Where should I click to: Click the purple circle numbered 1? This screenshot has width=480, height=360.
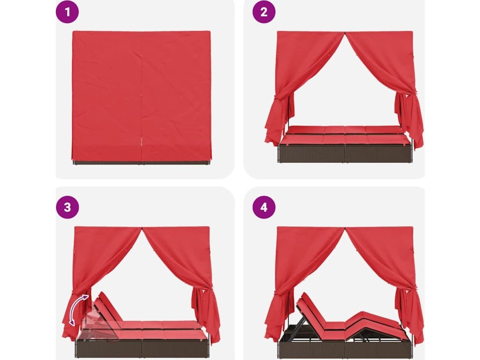coord(67,12)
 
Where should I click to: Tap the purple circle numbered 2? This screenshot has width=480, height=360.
coord(264,12)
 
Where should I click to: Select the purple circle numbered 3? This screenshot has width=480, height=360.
coord(67,207)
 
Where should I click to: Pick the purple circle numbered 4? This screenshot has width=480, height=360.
coord(264,207)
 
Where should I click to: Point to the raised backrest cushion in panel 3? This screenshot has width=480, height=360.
coord(107,307)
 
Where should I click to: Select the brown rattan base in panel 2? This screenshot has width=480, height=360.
coord(345,154)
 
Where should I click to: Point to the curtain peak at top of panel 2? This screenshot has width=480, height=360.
coord(345,32)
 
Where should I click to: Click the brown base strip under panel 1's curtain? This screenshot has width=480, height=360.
coord(142,162)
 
